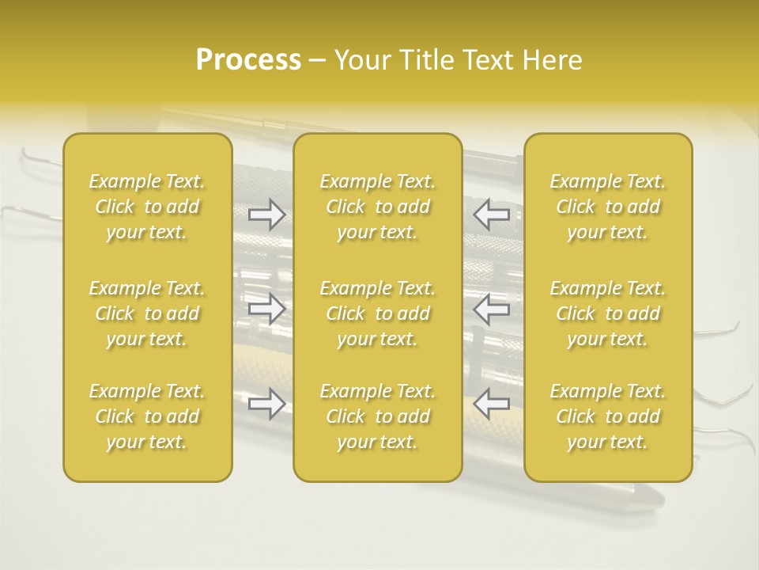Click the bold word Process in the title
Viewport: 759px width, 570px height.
(x=248, y=60)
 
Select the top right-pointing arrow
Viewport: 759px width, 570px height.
(x=266, y=215)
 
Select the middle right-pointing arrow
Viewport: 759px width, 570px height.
(x=266, y=310)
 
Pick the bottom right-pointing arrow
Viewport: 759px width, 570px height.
(x=266, y=404)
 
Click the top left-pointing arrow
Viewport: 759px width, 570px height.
(x=492, y=215)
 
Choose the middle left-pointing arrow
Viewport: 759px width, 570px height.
(x=492, y=310)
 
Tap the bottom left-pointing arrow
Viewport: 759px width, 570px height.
(x=492, y=404)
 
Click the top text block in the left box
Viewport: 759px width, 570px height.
(x=147, y=207)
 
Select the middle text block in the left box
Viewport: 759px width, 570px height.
(x=147, y=313)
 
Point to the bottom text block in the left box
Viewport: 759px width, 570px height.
(x=147, y=416)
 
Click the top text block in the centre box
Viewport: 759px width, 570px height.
(x=378, y=207)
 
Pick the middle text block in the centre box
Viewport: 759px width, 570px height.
(x=378, y=313)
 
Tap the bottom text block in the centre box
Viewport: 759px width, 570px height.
(x=378, y=416)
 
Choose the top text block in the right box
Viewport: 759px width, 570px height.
(x=608, y=207)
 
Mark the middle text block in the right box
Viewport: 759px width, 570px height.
(x=608, y=313)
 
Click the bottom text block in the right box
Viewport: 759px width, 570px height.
(x=608, y=416)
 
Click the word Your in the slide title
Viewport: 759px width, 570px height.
(x=361, y=60)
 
